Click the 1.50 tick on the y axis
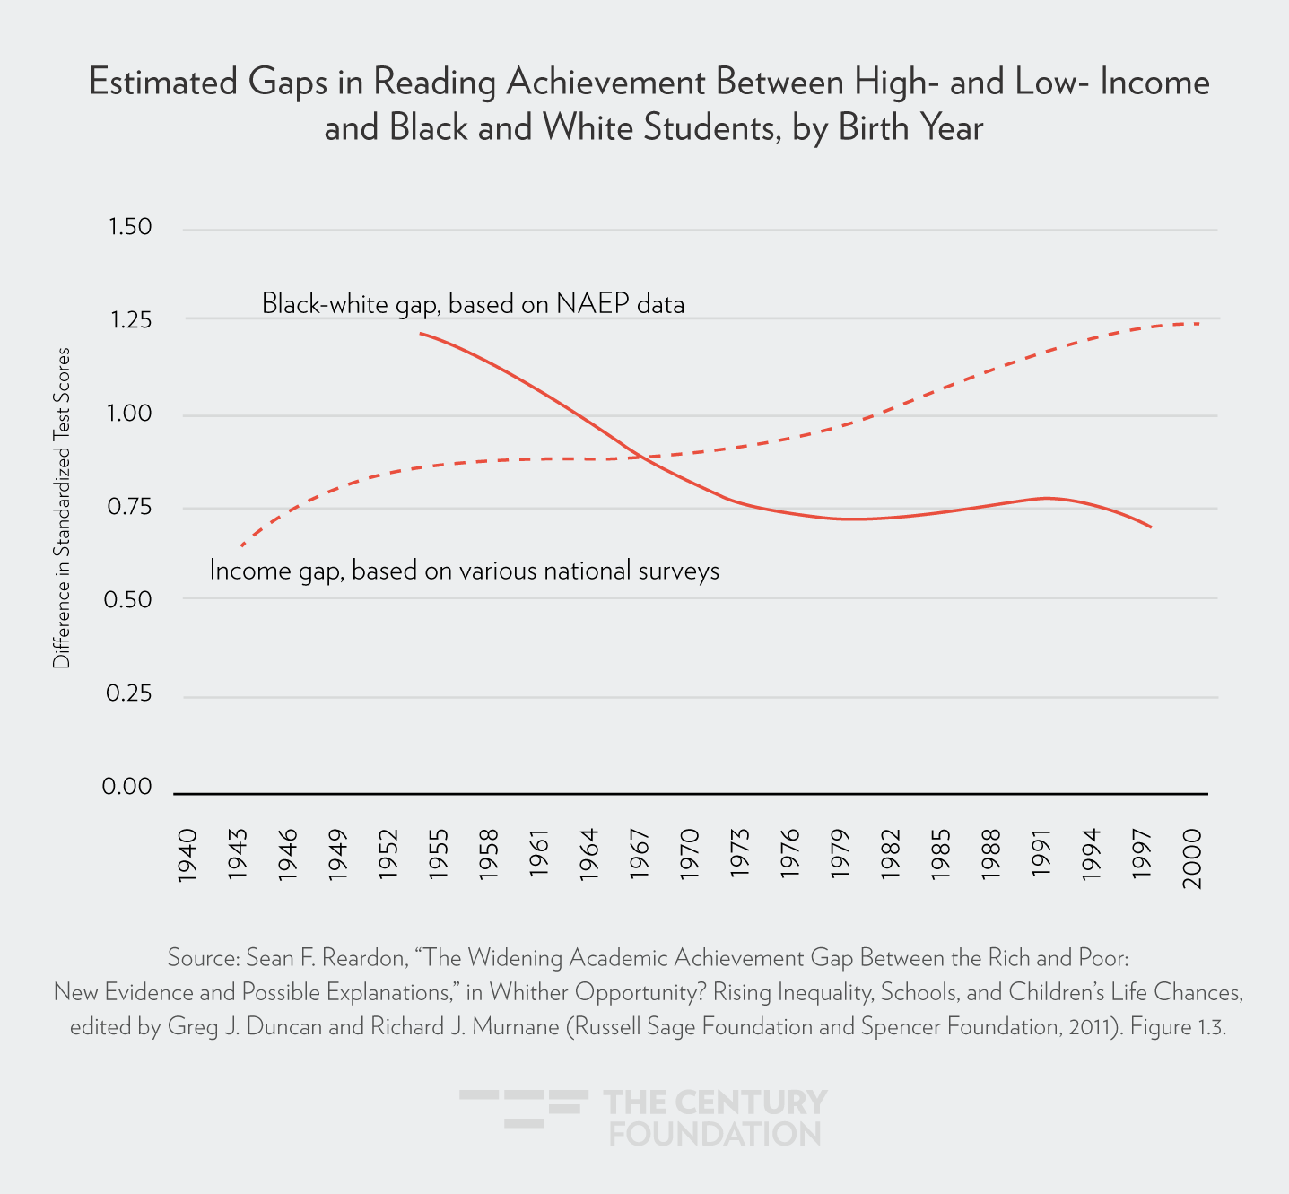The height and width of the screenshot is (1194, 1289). (130, 227)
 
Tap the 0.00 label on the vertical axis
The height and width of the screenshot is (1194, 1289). (127, 787)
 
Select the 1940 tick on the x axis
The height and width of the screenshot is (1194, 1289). (187, 857)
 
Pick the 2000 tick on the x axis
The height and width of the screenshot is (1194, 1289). (1191, 857)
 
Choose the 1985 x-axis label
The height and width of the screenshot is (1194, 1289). (940, 857)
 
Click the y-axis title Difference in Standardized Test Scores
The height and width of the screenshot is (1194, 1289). (61, 508)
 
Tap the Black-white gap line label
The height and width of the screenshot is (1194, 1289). (473, 304)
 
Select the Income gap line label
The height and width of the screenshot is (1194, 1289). (464, 571)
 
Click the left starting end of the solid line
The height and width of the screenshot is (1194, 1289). (420, 333)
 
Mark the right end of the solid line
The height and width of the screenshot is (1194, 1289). (1151, 527)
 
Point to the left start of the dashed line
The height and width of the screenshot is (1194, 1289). (240, 545)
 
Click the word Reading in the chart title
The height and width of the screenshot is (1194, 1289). (434, 83)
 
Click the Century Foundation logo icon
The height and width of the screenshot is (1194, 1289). (524, 1109)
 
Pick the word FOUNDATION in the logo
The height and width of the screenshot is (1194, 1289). (715, 1134)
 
